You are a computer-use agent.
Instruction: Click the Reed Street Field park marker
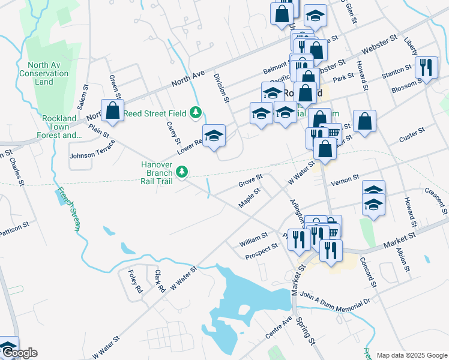pos(195,112)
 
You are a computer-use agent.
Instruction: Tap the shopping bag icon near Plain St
pos(112,110)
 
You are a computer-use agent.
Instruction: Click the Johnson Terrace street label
pos(91,155)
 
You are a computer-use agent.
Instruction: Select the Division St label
pos(223,89)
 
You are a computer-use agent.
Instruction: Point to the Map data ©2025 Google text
pos(411,355)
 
